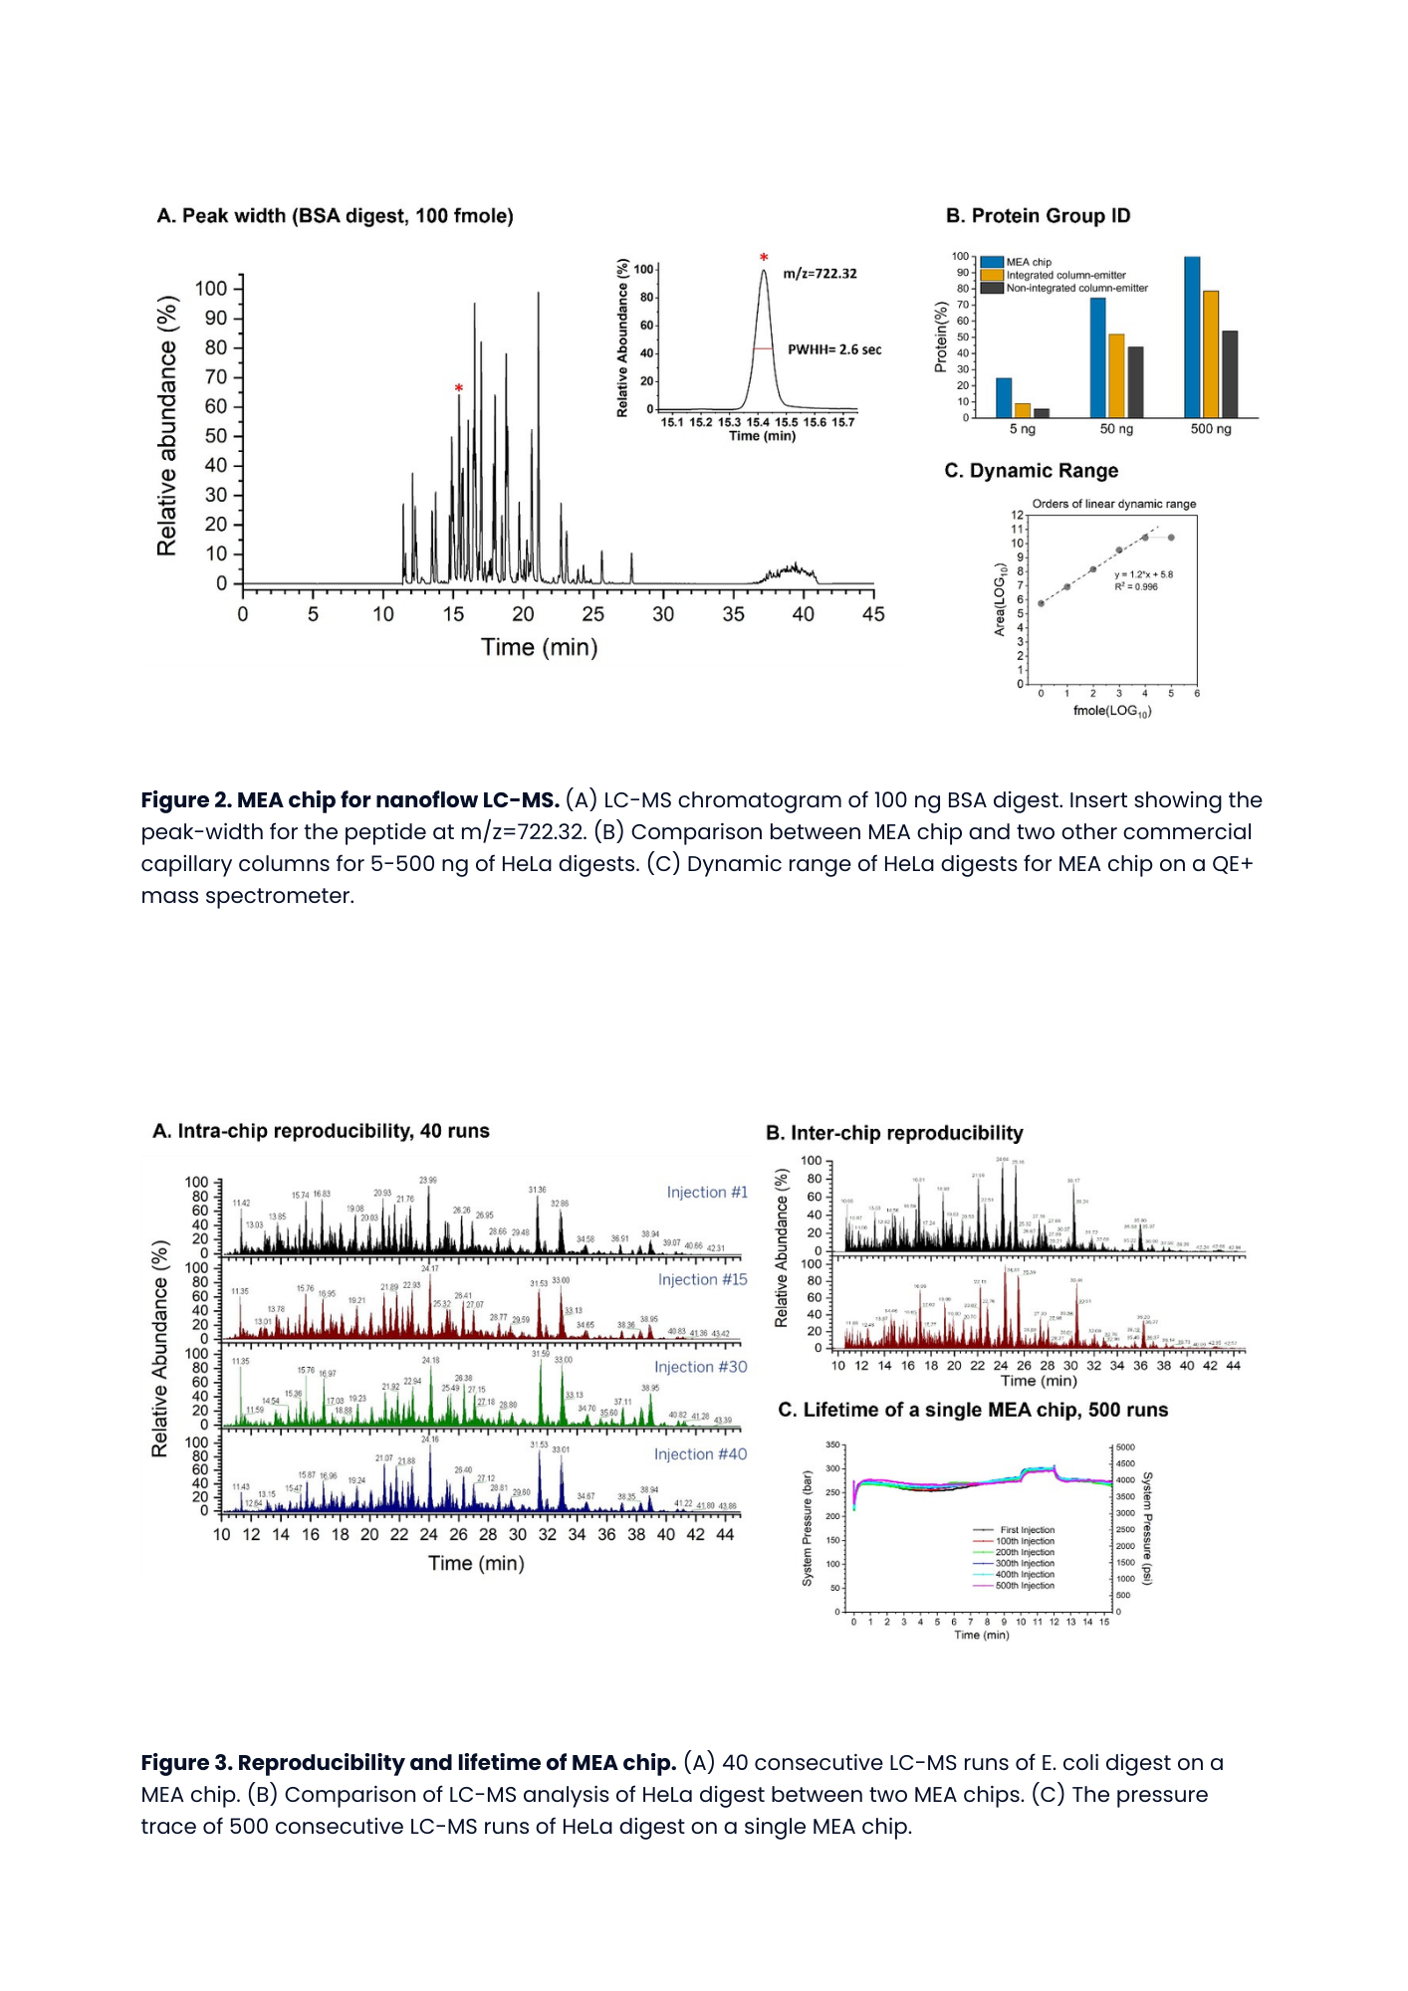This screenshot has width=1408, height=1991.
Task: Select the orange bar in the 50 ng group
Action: click(x=1116, y=375)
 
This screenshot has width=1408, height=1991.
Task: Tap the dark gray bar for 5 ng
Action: click(x=1042, y=412)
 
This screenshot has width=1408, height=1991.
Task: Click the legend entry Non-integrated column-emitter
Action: click(x=1075, y=289)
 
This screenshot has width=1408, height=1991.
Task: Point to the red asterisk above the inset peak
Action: click(x=764, y=259)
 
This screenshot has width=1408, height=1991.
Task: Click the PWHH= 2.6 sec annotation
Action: click(x=834, y=349)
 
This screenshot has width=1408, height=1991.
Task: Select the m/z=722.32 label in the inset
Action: click(x=820, y=274)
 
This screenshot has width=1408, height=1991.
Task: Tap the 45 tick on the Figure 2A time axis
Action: click(x=873, y=614)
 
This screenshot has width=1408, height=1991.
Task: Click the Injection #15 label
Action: click(x=702, y=1279)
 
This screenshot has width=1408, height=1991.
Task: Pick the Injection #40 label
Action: click(x=700, y=1454)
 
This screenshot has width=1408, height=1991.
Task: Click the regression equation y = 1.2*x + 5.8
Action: click(x=1144, y=574)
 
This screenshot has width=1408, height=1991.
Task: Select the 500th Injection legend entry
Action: click(x=1025, y=1586)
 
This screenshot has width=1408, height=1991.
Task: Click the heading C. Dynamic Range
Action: click(x=1031, y=471)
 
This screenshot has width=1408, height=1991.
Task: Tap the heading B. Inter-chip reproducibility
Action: click(x=894, y=1133)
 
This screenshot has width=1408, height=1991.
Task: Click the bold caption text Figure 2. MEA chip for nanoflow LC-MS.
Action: click(x=350, y=800)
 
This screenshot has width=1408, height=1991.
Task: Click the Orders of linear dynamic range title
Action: click(x=1114, y=504)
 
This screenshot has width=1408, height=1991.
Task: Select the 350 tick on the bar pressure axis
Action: click(x=833, y=1444)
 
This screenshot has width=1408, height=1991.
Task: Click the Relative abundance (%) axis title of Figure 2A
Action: click(x=167, y=426)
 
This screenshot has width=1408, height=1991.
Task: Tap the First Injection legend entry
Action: click(x=1027, y=1530)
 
